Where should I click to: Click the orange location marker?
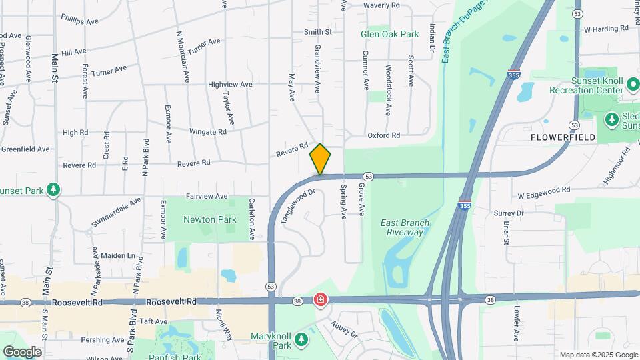(x=320, y=159)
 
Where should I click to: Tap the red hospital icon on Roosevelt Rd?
(x=321, y=301)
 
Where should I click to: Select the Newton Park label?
(x=210, y=219)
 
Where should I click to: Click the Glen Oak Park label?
(x=389, y=34)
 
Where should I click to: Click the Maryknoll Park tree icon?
(x=303, y=340)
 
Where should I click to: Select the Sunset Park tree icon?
(x=53, y=191)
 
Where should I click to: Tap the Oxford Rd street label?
(x=384, y=135)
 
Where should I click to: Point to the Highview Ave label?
(x=230, y=85)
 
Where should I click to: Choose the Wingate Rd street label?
(x=208, y=132)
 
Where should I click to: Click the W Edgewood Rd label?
(x=544, y=189)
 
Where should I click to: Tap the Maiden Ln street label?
(x=117, y=255)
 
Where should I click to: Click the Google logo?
(x=22, y=351)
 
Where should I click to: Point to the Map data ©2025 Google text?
(x=598, y=355)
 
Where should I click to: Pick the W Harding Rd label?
(x=606, y=29)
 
